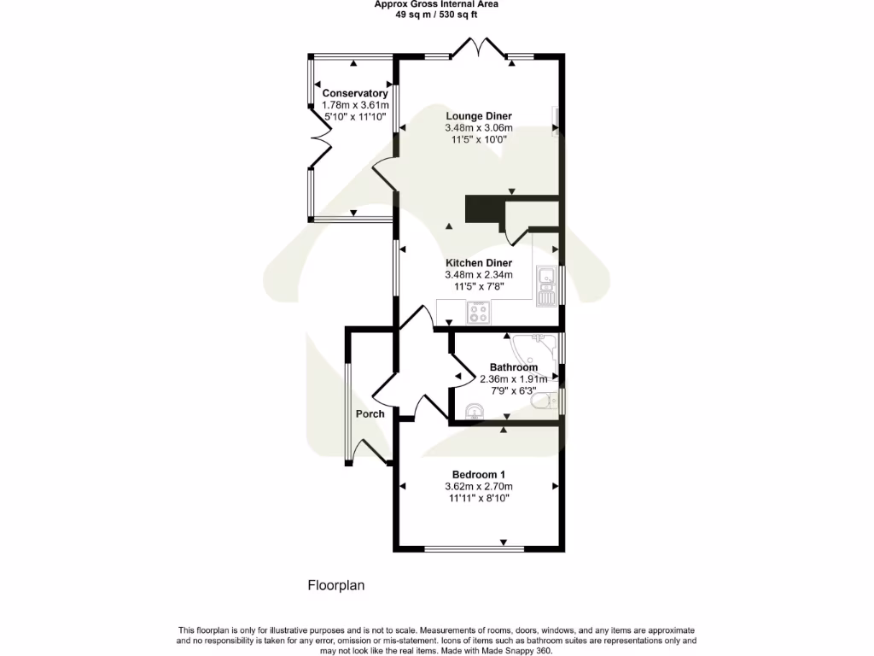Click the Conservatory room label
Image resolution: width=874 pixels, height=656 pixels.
pos(354,93)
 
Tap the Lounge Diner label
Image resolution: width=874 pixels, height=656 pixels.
pos(479,116)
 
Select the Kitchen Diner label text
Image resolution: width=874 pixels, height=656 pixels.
pos(479,263)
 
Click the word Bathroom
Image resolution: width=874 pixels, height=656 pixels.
pos(513,367)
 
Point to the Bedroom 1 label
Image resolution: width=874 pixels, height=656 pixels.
pos(479,475)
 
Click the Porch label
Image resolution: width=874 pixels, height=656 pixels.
pos(370,413)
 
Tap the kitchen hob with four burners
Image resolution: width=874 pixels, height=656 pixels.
pos(478,313)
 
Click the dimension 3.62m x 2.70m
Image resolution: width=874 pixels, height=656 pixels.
pos(479,487)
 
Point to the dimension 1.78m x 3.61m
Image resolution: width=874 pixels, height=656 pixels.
pos(354,104)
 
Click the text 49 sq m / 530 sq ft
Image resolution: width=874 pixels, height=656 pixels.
pos(437,15)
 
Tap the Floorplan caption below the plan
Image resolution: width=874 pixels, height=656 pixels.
pos(336,586)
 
